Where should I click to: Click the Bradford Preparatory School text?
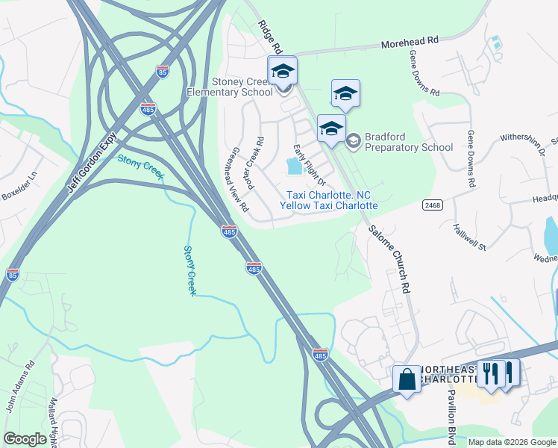[409, 146]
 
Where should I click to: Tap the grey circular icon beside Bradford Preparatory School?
[353, 140]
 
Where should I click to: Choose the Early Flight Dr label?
[310, 165]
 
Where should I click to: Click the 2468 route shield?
[431, 204]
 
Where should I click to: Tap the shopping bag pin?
[407, 378]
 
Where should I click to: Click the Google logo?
[25, 439]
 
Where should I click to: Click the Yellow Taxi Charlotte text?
[328, 205]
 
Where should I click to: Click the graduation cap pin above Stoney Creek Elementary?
[283, 72]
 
